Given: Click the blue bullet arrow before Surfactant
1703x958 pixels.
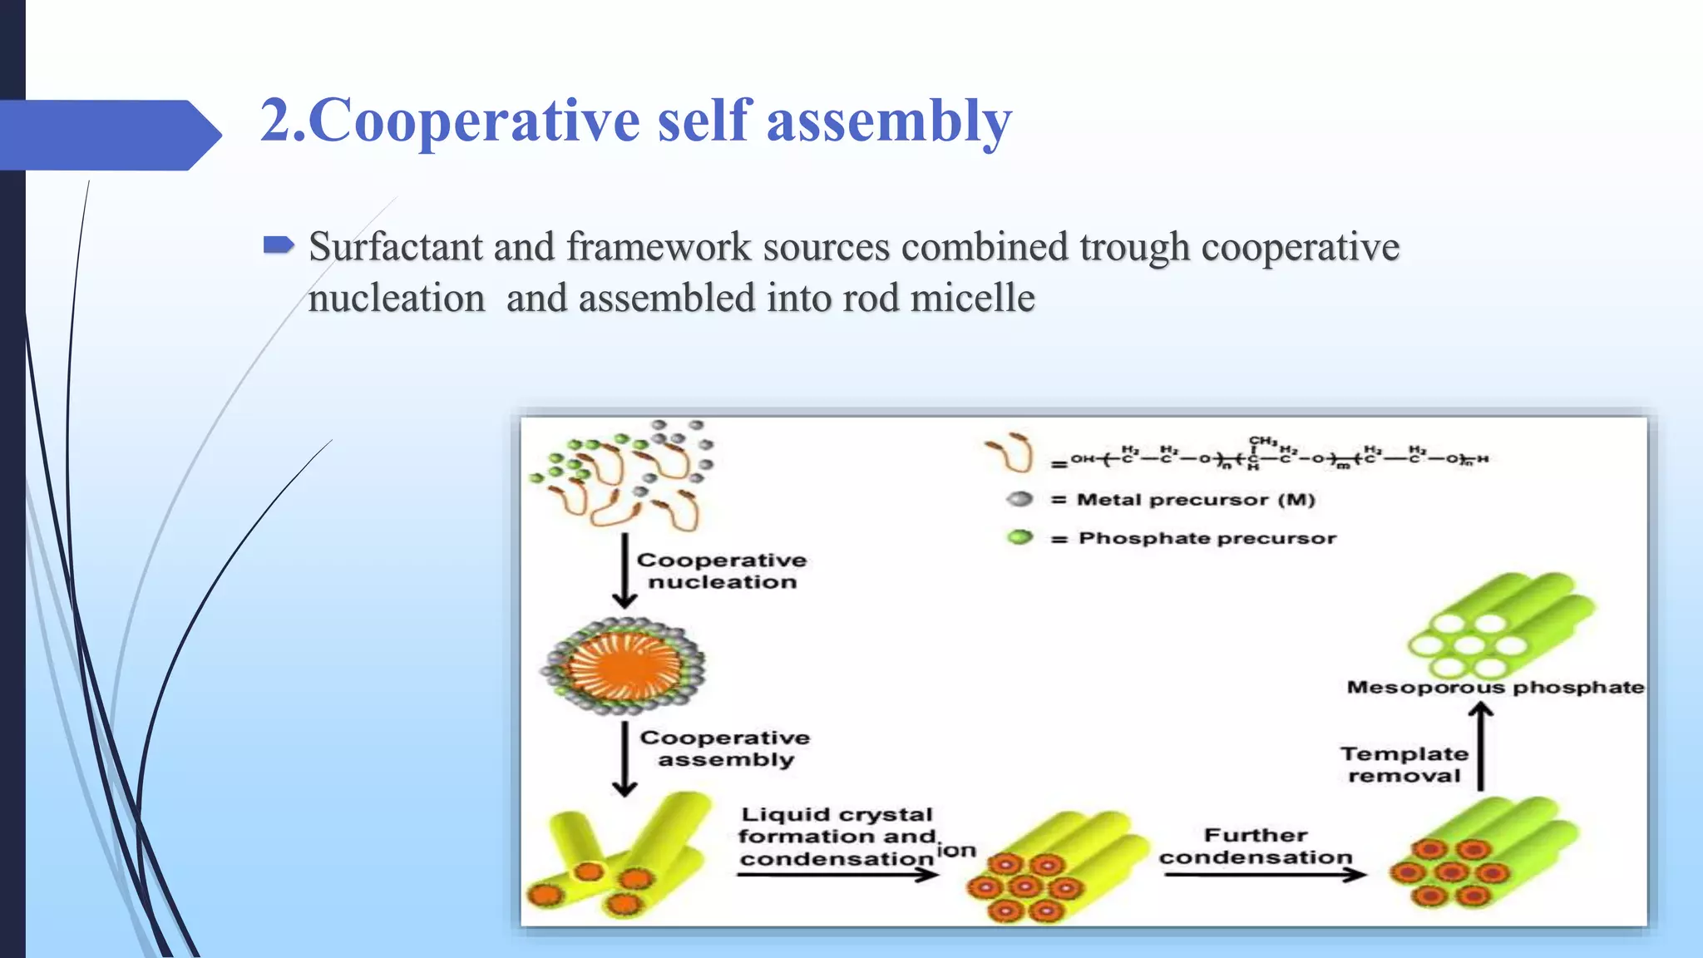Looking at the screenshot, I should pos(279,244).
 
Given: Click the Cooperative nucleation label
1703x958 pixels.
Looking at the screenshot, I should pos(722,571).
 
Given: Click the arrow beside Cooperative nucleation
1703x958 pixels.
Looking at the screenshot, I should pos(624,570).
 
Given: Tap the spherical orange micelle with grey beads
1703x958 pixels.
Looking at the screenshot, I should pos(624,665).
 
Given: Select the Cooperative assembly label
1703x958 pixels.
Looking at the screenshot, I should pos(725,748).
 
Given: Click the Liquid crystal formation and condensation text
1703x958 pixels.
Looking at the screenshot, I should pos(837,837).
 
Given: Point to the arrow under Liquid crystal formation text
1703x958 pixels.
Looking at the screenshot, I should pos(837,875).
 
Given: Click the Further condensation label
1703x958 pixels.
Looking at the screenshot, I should pos(1256,846).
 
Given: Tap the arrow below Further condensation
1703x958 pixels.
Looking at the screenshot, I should pos(1264,875).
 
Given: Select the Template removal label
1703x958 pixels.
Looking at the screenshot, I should pos(1404,764).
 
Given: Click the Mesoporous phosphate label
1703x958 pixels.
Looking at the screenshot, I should pos(1495,688).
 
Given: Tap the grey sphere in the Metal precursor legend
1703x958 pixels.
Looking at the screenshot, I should pos(1019,499).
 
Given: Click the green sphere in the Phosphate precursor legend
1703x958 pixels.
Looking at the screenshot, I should pos(1019,537).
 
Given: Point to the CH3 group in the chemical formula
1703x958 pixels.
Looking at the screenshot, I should pos(1262,441).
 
